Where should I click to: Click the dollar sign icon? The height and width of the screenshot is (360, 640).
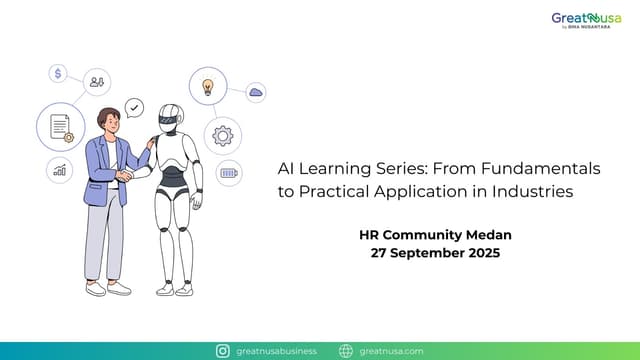click(59, 73)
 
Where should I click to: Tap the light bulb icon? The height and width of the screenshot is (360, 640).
click(207, 87)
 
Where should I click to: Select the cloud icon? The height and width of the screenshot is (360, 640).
click(256, 93)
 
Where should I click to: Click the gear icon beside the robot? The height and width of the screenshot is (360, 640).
click(222, 135)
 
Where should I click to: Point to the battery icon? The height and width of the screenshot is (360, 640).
click(229, 172)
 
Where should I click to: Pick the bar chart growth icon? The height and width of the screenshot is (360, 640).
click(59, 170)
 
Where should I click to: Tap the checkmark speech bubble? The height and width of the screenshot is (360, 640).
click(134, 107)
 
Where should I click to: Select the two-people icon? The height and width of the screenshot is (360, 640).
click(97, 82)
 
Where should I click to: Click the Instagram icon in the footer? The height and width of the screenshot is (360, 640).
click(224, 351)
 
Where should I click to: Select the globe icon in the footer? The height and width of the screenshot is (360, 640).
click(346, 351)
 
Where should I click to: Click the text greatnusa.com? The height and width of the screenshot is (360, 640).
click(391, 351)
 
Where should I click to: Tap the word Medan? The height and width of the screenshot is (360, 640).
click(489, 235)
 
